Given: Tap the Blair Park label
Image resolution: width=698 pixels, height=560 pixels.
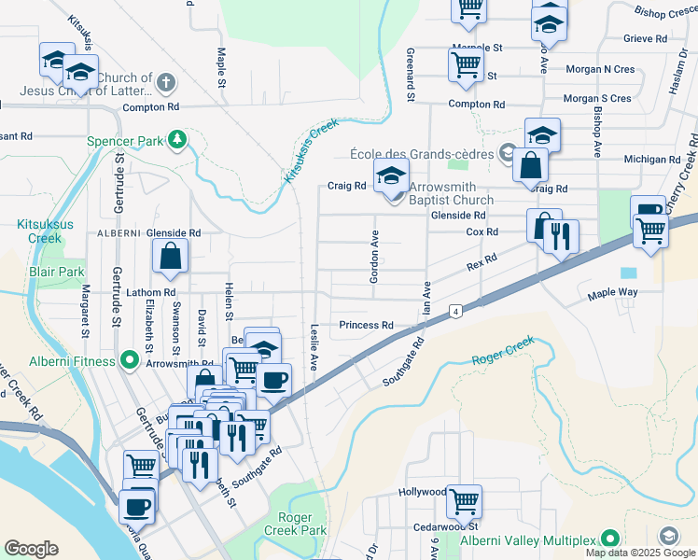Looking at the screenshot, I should click(x=57, y=272).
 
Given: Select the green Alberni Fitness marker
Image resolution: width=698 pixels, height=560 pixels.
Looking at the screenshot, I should click(x=128, y=361).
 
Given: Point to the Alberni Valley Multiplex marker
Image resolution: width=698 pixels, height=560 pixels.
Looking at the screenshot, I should click(x=610, y=539).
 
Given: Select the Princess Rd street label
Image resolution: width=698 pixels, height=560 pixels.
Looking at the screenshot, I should click(x=366, y=326).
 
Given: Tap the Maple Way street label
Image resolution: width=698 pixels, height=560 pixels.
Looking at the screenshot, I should click(x=611, y=294).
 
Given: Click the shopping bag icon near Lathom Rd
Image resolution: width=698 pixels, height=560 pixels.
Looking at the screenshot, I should click(x=171, y=258).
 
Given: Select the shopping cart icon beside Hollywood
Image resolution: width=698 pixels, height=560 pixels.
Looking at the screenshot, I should click(x=464, y=501).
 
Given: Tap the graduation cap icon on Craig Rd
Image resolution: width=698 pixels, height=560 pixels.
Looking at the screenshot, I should click(x=391, y=175).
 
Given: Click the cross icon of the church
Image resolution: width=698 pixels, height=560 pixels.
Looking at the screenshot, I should click(x=166, y=82).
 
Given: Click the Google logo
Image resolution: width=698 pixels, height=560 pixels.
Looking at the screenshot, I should click(x=31, y=549).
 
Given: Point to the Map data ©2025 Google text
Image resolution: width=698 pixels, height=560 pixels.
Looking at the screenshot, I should click(x=639, y=553).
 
